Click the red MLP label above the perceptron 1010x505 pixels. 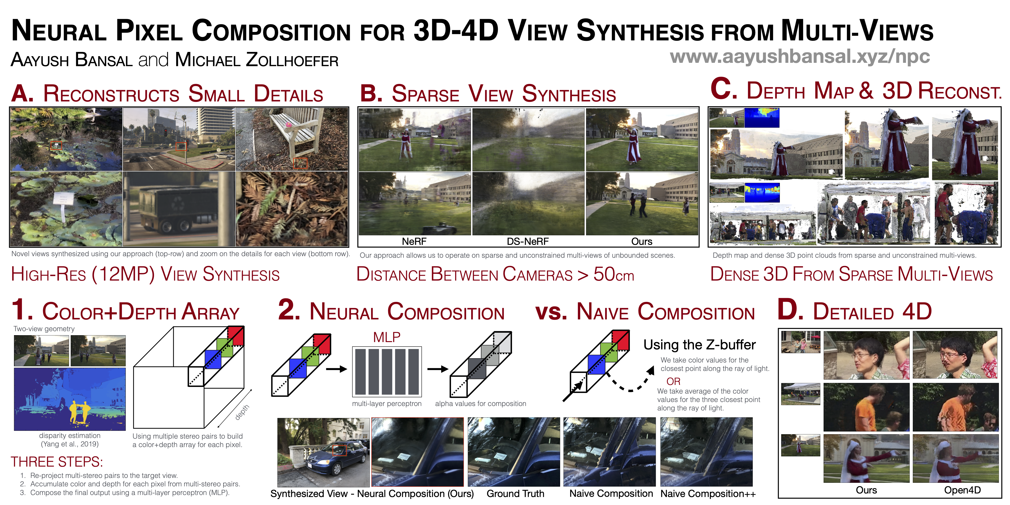[387, 337]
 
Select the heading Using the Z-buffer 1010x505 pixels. [700, 345]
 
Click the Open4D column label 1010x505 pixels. [962, 490]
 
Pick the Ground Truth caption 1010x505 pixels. [515, 494]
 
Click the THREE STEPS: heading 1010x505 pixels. [57, 462]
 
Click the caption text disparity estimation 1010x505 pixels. [70, 436]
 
